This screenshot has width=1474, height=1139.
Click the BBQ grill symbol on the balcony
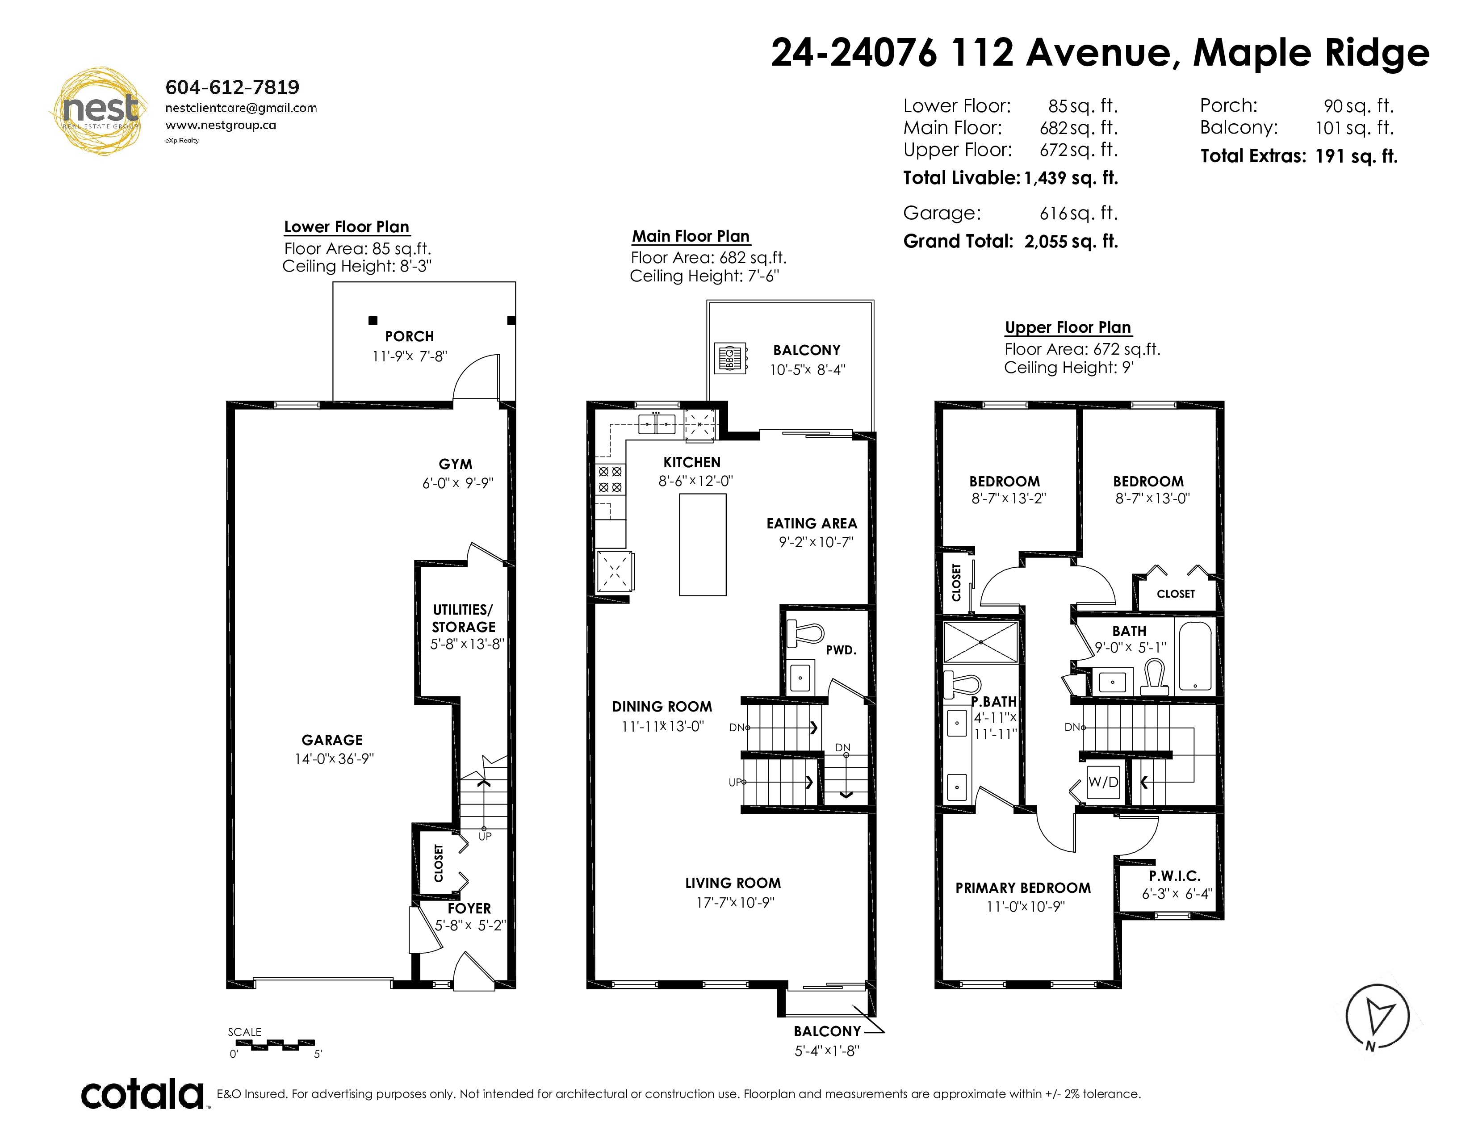click(731, 358)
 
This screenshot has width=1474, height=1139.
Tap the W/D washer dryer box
click(1103, 782)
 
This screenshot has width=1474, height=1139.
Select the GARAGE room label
click(332, 740)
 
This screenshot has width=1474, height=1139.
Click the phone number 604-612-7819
click(232, 87)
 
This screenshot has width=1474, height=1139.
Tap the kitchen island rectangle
click(703, 544)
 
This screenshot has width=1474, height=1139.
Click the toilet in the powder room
click(806, 634)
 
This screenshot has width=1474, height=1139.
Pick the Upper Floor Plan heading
click(1068, 327)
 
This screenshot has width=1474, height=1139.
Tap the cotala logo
click(142, 1094)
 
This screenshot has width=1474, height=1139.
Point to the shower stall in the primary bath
click(980, 642)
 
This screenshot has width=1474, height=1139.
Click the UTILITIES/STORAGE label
click(464, 618)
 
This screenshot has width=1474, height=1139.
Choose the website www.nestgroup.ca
click(221, 125)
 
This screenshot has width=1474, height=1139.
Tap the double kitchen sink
click(657, 424)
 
